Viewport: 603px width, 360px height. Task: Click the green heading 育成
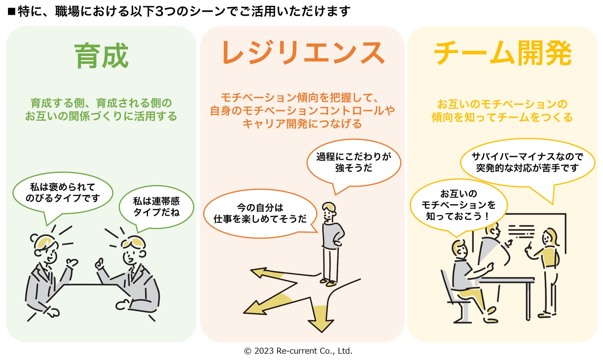(x=101, y=56)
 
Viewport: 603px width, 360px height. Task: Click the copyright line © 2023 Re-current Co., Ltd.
(x=298, y=351)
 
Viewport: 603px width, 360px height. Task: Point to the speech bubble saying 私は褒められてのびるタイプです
(x=63, y=193)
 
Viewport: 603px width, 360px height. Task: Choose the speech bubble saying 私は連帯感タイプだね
(x=156, y=207)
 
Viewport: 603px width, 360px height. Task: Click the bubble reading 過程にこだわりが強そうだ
(x=353, y=163)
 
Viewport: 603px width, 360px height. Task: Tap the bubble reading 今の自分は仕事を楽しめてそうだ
(x=260, y=214)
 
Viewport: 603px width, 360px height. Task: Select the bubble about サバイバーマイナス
(x=527, y=162)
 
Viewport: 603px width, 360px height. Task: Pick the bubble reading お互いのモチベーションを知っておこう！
(x=458, y=205)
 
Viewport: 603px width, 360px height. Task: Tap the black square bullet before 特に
(x=12, y=12)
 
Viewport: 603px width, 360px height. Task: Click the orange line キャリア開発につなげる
(x=302, y=124)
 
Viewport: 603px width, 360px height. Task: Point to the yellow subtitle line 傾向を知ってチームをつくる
(x=502, y=117)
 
